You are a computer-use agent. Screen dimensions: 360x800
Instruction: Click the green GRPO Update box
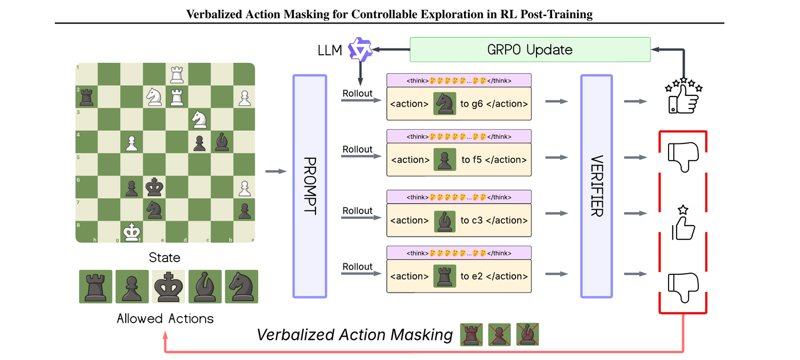pyautogui.click(x=530, y=50)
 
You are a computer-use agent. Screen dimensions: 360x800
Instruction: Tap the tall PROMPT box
pyautogui.click(x=309, y=186)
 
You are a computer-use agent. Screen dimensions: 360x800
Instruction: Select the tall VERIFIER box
pyautogui.click(x=597, y=186)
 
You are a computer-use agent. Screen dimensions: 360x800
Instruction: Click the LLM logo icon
pyautogui.click(x=361, y=50)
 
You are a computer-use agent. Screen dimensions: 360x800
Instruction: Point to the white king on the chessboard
pyautogui.click(x=131, y=231)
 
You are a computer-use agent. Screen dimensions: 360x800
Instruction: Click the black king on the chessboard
pyautogui.click(x=154, y=186)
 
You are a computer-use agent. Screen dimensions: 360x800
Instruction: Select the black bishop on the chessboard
pyautogui.click(x=221, y=141)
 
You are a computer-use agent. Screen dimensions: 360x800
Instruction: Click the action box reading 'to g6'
pyautogui.click(x=459, y=103)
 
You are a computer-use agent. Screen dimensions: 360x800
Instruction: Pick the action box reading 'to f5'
pyautogui.click(x=459, y=159)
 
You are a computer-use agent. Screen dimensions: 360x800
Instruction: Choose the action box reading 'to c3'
pyautogui.click(x=459, y=220)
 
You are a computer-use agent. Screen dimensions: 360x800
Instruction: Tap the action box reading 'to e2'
pyautogui.click(x=459, y=276)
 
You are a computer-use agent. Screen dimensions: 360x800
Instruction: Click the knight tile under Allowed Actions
pyautogui.click(x=241, y=286)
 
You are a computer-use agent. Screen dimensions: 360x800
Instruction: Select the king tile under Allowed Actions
pyautogui.click(x=168, y=286)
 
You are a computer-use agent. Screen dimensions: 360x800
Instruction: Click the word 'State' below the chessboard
pyautogui.click(x=165, y=258)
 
